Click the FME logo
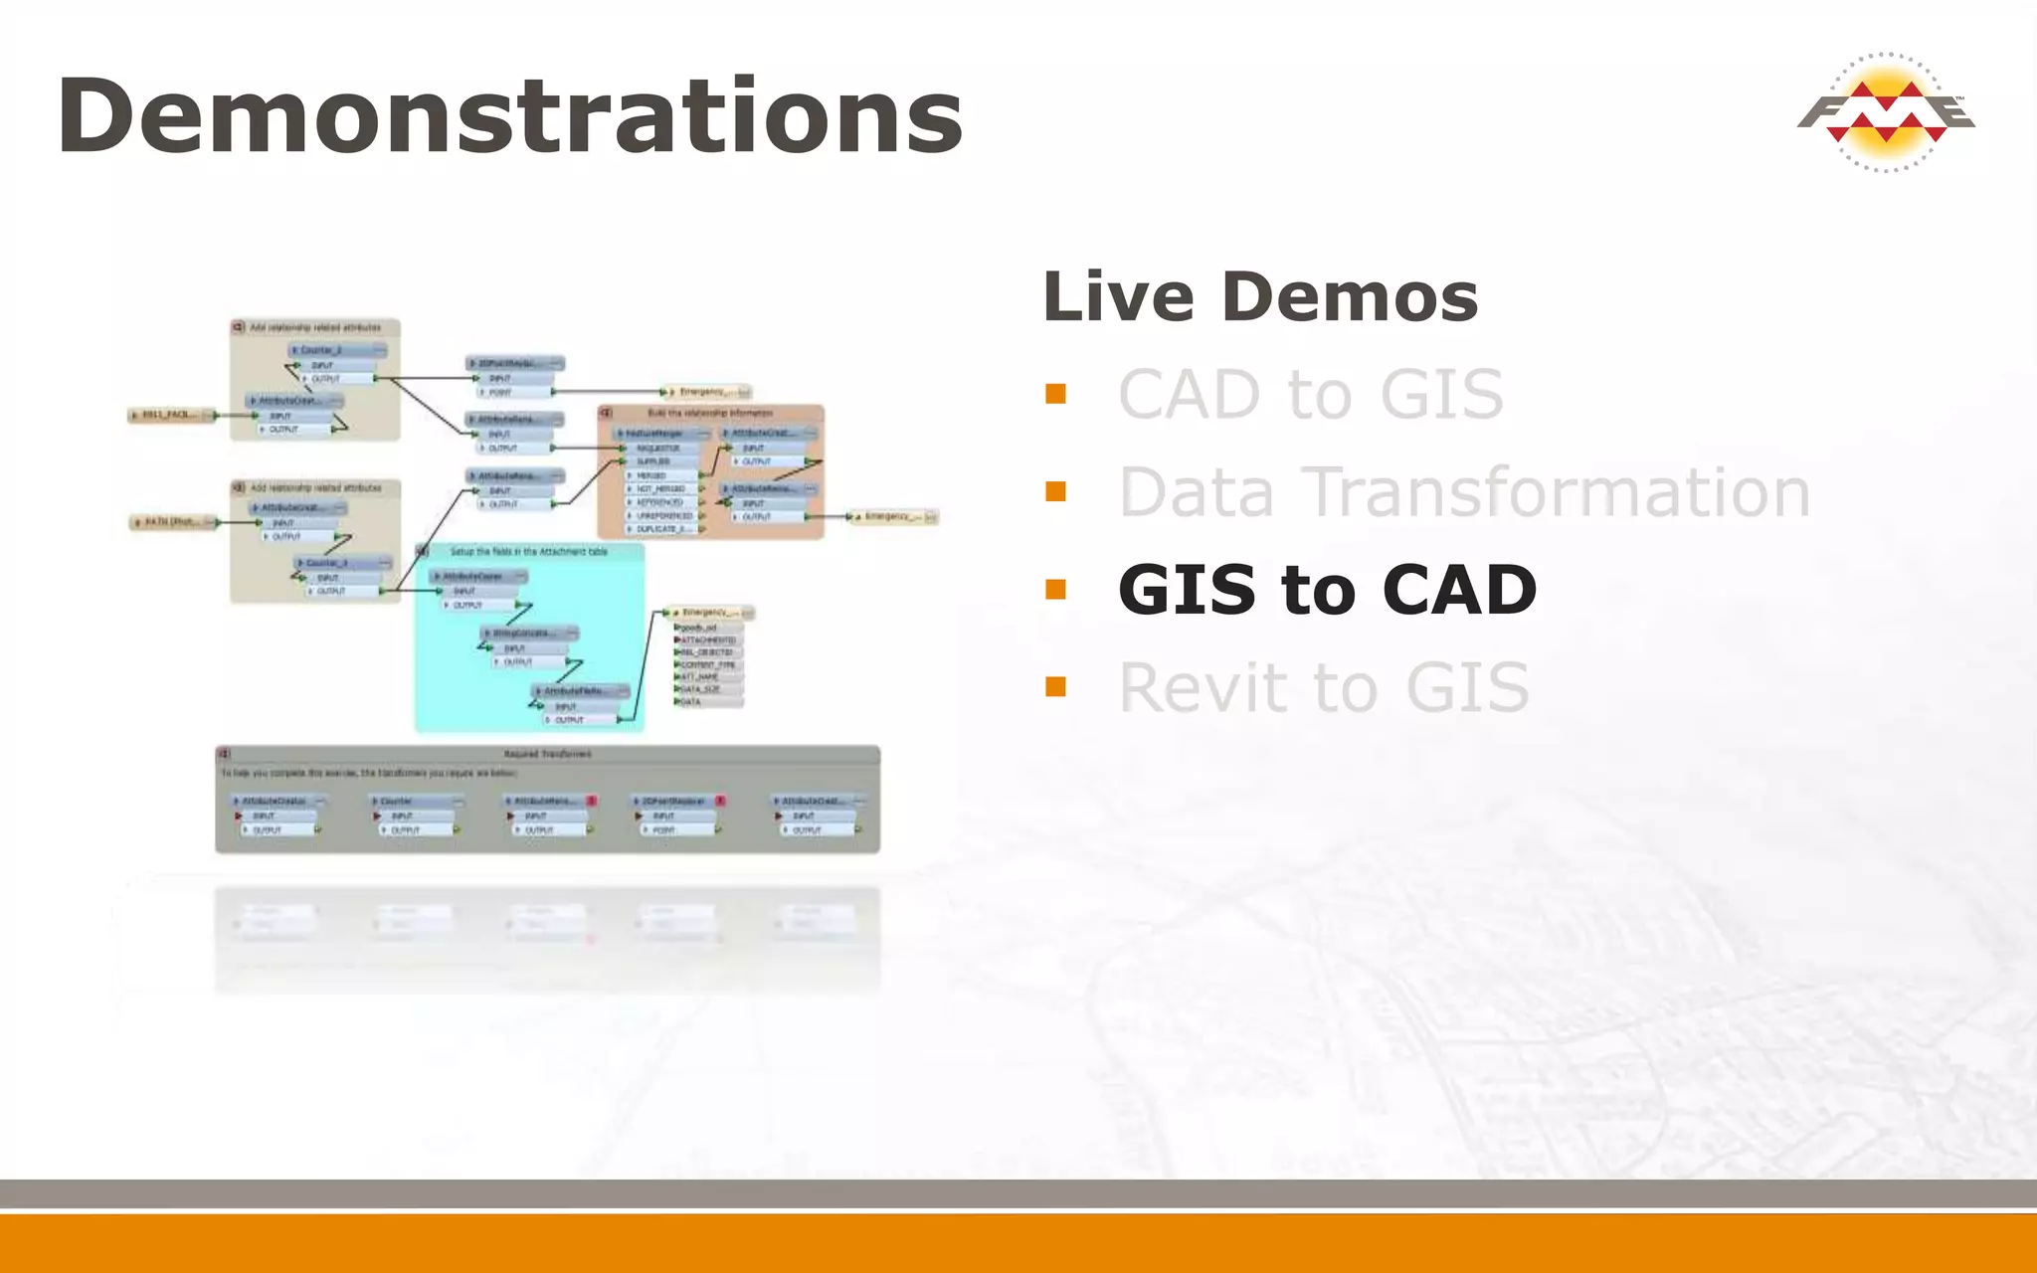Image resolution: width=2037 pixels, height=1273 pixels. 1886,112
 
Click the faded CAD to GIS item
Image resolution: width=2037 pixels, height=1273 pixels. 1310,394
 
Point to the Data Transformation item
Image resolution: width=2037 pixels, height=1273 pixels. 1464,491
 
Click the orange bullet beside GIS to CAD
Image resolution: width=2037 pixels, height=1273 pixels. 1056,590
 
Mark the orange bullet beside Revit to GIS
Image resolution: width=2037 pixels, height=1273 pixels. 1056,686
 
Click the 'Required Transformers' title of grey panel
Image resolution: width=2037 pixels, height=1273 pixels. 547,754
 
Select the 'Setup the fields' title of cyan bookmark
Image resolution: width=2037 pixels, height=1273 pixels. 528,551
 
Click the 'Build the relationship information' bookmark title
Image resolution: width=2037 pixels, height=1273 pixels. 709,413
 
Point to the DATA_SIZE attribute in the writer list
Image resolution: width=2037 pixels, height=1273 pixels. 702,689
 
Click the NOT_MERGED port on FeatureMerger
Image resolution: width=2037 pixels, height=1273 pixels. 661,488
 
